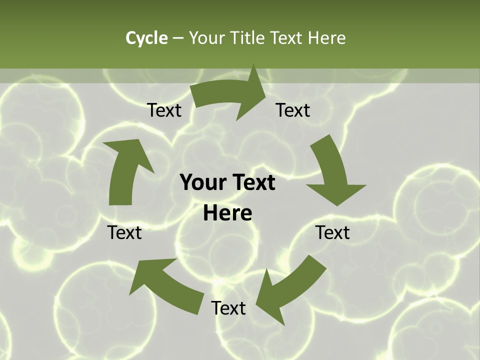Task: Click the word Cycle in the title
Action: coord(146,38)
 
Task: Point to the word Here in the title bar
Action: coord(326,38)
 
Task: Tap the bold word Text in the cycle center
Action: coord(253,183)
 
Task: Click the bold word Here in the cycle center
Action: coord(227,213)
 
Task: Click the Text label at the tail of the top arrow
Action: coord(164,110)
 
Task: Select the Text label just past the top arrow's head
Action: coord(293,110)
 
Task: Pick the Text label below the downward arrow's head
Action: coord(332,232)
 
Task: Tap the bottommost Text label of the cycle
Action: coord(228,308)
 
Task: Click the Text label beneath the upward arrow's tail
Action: coord(124,232)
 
